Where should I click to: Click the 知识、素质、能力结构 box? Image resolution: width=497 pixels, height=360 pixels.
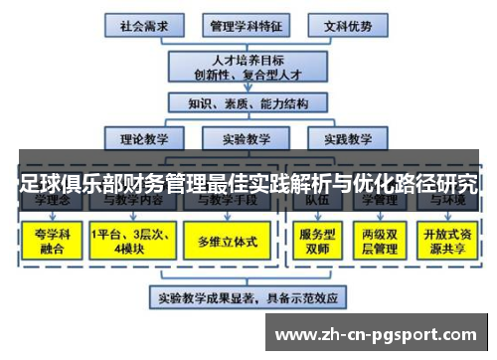[246, 102]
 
